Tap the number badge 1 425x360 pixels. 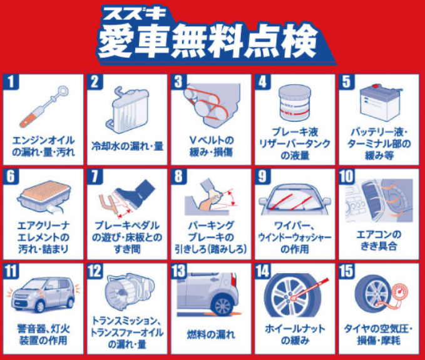(x=11, y=81)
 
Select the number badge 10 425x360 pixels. (x=347, y=176)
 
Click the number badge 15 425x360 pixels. (x=347, y=271)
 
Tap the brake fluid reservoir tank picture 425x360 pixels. (x=295, y=103)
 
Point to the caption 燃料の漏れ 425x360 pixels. (x=210, y=334)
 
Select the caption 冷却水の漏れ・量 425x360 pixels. (x=128, y=147)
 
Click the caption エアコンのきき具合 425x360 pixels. (x=379, y=240)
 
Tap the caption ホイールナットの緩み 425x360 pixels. (x=295, y=334)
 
